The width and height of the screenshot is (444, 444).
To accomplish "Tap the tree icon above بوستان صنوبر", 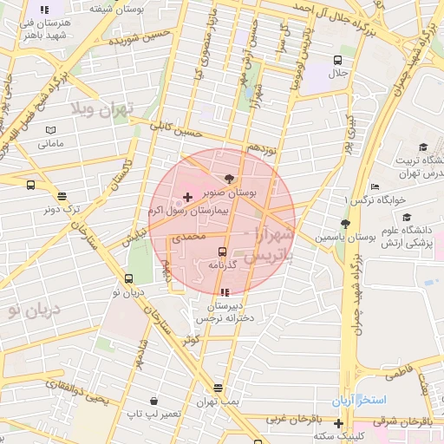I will [240, 177].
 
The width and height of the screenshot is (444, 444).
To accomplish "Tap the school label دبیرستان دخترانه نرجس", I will [226, 313].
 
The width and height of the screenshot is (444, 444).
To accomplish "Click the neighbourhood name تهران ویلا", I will [101, 109].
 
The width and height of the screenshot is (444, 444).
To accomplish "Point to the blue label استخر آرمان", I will [356, 402].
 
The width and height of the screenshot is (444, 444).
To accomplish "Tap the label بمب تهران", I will [217, 403].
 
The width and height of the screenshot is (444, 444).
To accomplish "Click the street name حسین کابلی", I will [175, 130].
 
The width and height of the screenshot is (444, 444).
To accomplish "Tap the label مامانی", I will [50, 143].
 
